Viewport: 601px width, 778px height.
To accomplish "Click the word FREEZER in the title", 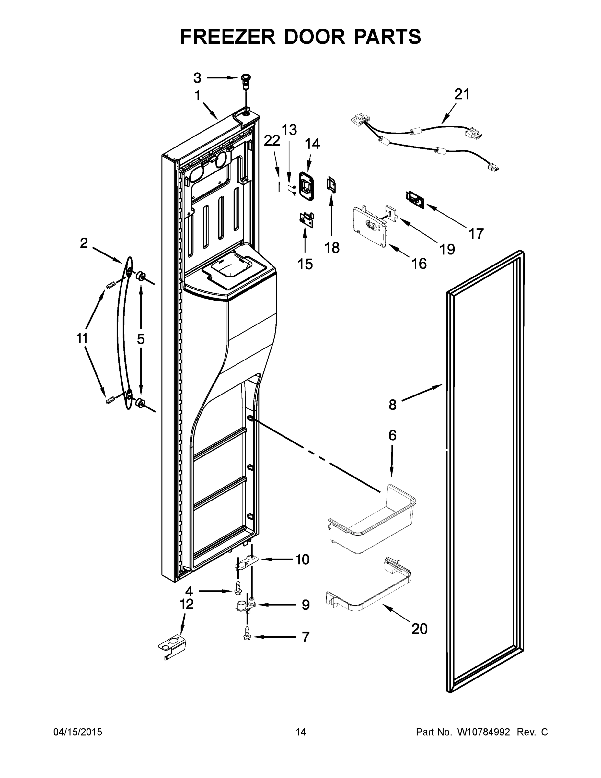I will pyautogui.click(x=227, y=37).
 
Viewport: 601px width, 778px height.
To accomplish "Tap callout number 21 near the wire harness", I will pyautogui.click(x=462, y=94).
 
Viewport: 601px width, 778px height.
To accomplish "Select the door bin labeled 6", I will pyautogui.click(x=372, y=520).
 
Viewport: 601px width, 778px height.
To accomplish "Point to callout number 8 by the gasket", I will pyautogui.click(x=392, y=405).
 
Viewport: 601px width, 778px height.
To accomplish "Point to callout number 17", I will pyautogui.click(x=476, y=234).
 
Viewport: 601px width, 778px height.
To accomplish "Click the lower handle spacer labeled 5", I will pyautogui.click(x=140, y=403).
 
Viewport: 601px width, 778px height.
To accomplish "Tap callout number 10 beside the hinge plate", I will pyautogui.click(x=303, y=560).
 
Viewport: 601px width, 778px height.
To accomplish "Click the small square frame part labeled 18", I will pyautogui.click(x=331, y=185).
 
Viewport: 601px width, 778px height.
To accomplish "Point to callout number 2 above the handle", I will pyautogui.click(x=84, y=243).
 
